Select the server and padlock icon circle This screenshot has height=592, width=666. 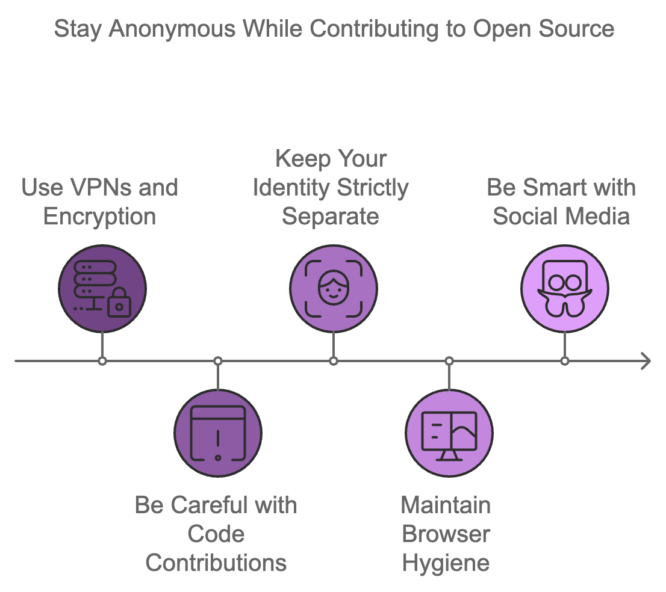102,289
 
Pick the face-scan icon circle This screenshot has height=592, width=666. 333,289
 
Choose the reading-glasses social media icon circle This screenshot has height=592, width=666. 564,289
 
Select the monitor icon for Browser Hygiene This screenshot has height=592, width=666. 449,433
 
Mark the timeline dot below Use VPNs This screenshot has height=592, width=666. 102,361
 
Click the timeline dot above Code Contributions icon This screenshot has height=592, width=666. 218,361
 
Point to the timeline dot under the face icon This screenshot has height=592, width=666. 333,361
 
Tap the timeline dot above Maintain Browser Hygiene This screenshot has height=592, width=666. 449,361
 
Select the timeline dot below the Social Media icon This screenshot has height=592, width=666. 564,361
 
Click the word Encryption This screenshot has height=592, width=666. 100,217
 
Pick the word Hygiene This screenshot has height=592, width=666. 446,563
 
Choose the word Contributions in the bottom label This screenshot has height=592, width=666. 216,563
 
